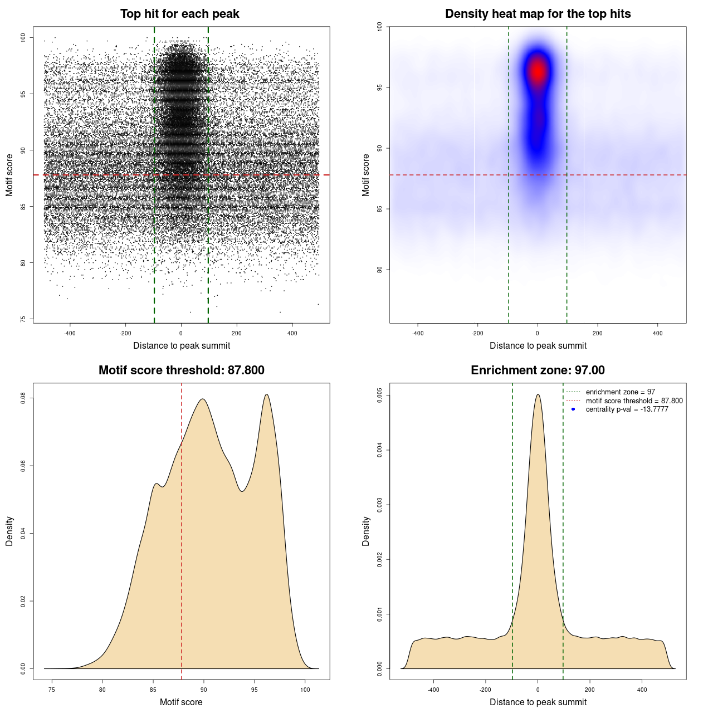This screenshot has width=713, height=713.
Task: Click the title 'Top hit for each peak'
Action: click(x=179, y=14)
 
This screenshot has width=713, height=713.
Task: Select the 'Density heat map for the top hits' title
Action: click(x=538, y=14)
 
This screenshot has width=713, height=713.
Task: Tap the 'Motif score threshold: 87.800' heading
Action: click(x=181, y=370)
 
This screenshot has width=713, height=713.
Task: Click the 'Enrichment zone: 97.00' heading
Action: click(x=538, y=370)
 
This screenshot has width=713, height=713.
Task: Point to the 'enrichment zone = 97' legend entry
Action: click(x=620, y=392)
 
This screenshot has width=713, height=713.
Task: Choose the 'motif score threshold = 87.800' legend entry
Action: click(x=634, y=401)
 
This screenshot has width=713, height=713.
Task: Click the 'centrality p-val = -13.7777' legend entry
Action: click(x=627, y=409)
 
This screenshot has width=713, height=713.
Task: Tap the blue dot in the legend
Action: click(x=573, y=409)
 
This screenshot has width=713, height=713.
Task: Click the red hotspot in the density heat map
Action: click(x=538, y=71)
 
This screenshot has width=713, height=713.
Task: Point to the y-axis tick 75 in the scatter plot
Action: click(x=23, y=319)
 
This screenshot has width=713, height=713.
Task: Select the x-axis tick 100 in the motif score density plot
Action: click(x=305, y=690)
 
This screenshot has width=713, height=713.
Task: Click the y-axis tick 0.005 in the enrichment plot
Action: click(x=380, y=395)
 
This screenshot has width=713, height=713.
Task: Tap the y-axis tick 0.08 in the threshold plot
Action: click(x=23, y=398)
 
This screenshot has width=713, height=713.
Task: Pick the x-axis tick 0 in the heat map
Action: click(x=538, y=333)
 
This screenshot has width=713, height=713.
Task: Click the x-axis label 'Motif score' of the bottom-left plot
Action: click(x=181, y=702)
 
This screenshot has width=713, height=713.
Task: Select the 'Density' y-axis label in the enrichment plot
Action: click(x=366, y=531)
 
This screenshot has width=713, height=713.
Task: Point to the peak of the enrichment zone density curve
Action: click(x=538, y=394)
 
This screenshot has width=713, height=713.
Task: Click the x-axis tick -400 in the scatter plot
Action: click(x=70, y=333)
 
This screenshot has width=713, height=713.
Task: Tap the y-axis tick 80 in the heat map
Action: click(x=380, y=270)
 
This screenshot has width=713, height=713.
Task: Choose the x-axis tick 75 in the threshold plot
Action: click(x=52, y=690)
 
